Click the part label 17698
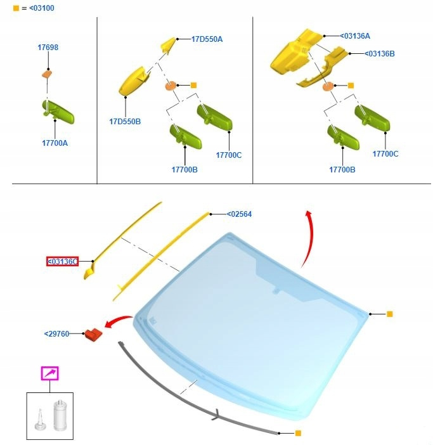coord(48,47)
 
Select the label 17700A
coord(55,143)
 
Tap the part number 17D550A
coord(207,39)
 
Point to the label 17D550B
coord(125,122)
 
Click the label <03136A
coord(355,36)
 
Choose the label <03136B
coord(379,54)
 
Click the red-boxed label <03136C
coord(62,261)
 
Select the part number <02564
coord(239,214)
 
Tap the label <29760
coord(57,333)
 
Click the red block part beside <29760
coord(93,335)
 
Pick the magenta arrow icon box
coord(50,373)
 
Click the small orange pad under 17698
coord(47,74)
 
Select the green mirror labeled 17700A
coord(58,112)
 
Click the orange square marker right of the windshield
coord(390,314)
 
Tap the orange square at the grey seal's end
coord(298,433)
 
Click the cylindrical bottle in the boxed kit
coord(60,415)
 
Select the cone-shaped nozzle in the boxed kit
coord(40,420)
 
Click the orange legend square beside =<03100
coord(16,8)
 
